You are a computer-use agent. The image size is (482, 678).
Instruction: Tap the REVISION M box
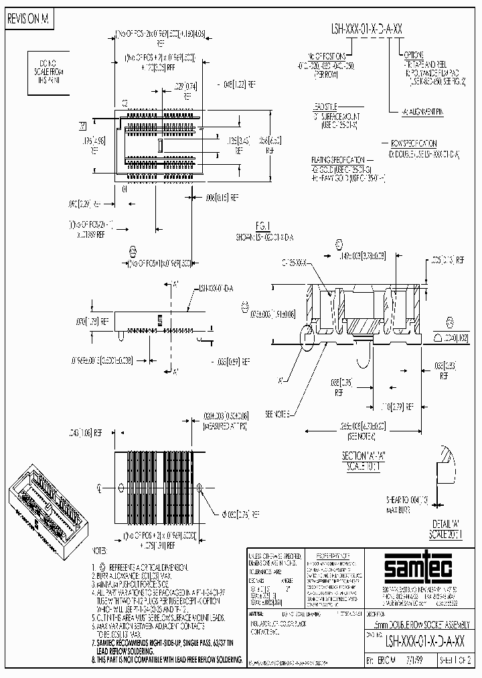click(28, 20)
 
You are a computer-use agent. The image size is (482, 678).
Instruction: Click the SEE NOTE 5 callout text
click(280, 415)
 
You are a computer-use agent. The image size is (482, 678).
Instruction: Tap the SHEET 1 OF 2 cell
click(457, 660)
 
